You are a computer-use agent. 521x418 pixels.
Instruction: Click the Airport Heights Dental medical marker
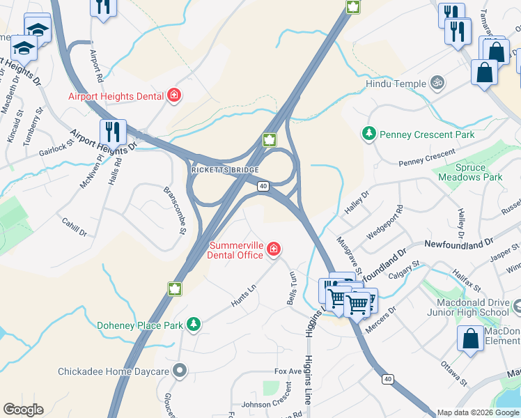pyautogui.click(x=174, y=95)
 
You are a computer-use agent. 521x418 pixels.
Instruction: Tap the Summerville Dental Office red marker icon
pyautogui.click(x=274, y=249)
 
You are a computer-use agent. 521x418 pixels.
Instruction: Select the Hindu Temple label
pyautogui.click(x=396, y=84)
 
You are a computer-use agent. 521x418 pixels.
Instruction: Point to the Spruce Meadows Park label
pyautogui.click(x=470, y=172)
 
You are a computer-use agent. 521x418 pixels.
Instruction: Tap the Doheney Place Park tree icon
pyautogui.click(x=193, y=324)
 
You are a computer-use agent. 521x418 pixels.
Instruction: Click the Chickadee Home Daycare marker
pyautogui.click(x=180, y=371)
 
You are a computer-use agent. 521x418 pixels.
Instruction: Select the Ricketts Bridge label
pyautogui.click(x=224, y=170)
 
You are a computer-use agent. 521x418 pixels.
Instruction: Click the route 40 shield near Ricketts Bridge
pyautogui.click(x=263, y=186)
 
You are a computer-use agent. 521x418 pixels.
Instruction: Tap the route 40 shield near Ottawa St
pyautogui.click(x=387, y=379)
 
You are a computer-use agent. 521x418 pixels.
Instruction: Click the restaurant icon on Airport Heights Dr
pyautogui.click(x=112, y=131)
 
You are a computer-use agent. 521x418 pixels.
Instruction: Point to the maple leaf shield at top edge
pyautogui.click(x=352, y=7)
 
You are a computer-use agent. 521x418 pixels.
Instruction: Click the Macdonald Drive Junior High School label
pyautogui.click(x=474, y=307)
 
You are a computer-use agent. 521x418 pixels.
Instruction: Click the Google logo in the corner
pyautogui.click(x=23, y=410)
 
